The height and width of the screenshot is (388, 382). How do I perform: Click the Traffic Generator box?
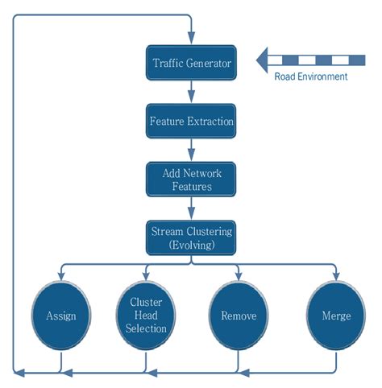(x=191, y=62)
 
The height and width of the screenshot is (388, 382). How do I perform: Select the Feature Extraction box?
(x=191, y=122)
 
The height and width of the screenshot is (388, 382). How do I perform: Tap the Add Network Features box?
(x=191, y=180)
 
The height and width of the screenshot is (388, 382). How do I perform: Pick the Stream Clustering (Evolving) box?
(x=191, y=238)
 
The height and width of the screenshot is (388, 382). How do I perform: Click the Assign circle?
(x=61, y=316)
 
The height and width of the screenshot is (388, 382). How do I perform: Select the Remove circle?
(x=238, y=316)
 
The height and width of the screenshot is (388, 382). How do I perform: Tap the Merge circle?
(x=335, y=316)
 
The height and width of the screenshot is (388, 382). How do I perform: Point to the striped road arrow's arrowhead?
(x=263, y=60)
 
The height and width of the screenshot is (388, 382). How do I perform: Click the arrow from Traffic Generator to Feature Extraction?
(x=191, y=92)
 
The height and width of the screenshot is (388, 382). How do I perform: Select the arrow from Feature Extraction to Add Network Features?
(x=191, y=151)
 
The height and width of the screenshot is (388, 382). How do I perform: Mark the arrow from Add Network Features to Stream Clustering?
(x=191, y=209)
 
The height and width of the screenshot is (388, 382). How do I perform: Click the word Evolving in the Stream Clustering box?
(x=192, y=246)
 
